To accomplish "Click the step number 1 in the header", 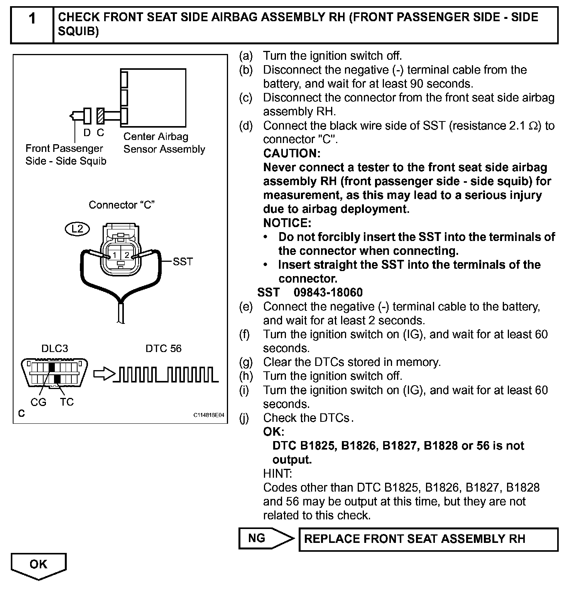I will point(32,19).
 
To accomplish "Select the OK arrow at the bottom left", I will point(39,565).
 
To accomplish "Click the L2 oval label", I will point(77,229).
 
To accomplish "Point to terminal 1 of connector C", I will point(115,255).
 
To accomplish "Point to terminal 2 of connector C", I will point(127,255).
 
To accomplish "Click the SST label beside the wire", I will point(183,262).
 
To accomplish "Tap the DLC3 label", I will point(55,349).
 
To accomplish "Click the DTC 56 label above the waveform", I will point(163,349).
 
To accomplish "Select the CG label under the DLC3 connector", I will point(38,402).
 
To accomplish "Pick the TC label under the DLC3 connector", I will point(67,402).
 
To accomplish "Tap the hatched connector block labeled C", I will point(101,115).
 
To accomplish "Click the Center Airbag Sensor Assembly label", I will point(164,143).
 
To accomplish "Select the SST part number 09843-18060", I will point(328,292).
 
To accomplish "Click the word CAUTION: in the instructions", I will point(292,153).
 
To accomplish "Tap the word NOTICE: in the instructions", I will point(287,223).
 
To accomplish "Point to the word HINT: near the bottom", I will point(277,473).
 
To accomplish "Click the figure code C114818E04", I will point(208,415).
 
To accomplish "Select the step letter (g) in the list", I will point(246,362).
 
